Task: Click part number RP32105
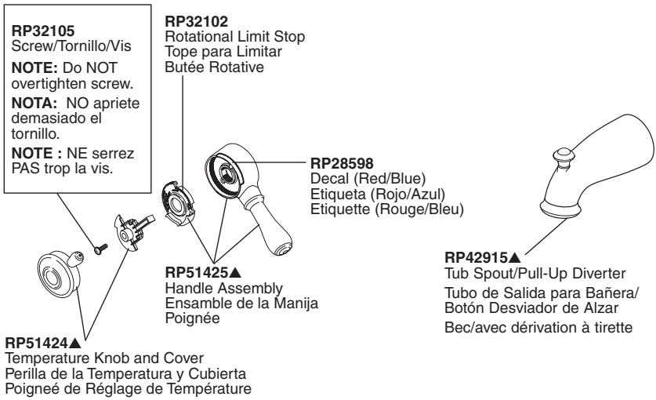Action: pyautogui.click(x=43, y=31)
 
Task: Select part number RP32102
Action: pyautogui.click(x=196, y=21)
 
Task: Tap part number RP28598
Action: pyautogui.click(x=342, y=163)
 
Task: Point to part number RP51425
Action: pyautogui.click(x=197, y=273)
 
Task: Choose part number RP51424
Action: pyautogui.click(x=36, y=344)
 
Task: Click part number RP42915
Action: pyautogui.click(x=476, y=257)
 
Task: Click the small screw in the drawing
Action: pyautogui.click(x=101, y=249)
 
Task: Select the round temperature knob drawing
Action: pyautogui.click(x=60, y=275)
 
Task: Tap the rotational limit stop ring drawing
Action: pyautogui.click(x=177, y=203)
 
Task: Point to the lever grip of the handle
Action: pyautogui.click(x=268, y=226)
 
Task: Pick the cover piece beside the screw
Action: pyautogui.click(x=133, y=231)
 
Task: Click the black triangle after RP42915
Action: pyautogui.click(x=515, y=257)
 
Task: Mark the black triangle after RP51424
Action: pyautogui.click(x=74, y=344)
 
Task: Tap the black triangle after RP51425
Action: pyautogui.click(x=235, y=273)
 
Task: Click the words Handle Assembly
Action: pyautogui.click(x=224, y=289)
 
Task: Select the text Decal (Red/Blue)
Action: pyautogui.click(x=368, y=179)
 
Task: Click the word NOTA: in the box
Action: pyautogui.click(x=34, y=103)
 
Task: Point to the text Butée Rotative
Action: pyautogui.click(x=214, y=67)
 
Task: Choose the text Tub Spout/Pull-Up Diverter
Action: pyautogui.click(x=535, y=274)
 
